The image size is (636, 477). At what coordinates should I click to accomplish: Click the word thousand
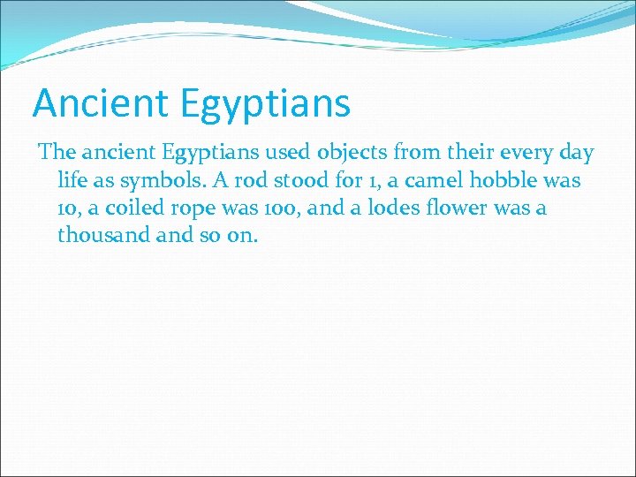click(x=97, y=236)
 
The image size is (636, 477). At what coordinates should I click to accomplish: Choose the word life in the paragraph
click(x=72, y=181)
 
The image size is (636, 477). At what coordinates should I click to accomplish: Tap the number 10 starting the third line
click(x=68, y=208)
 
